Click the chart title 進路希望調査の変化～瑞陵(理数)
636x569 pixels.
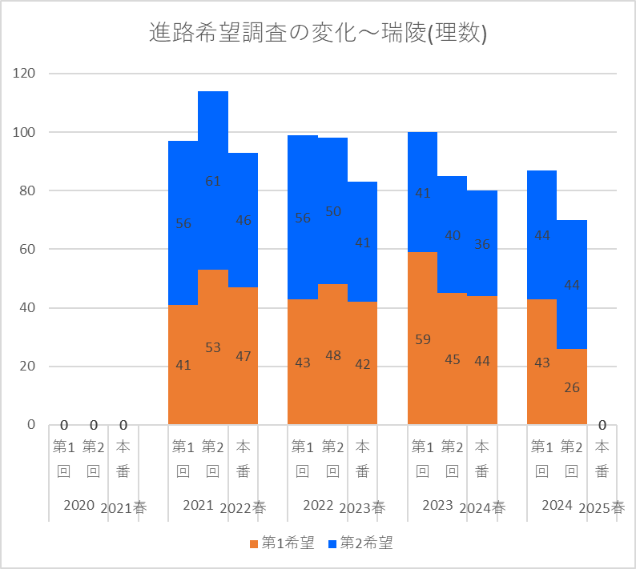click(x=318, y=33)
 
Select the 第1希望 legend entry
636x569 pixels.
click(x=281, y=543)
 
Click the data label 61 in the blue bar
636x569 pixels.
click(x=213, y=181)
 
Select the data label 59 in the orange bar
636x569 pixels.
click(x=423, y=339)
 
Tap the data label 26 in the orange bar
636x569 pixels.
click(x=572, y=387)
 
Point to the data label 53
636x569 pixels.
click(x=213, y=347)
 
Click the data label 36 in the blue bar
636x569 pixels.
click(x=482, y=245)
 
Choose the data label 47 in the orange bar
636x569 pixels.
click(x=243, y=356)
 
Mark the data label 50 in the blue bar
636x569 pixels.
click(x=333, y=211)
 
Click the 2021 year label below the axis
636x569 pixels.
click(x=198, y=506)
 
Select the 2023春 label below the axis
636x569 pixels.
click(x=363, y=507)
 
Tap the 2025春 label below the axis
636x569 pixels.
click(x=602, y=507)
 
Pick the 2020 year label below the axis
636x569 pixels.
click(x=78, y=506)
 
